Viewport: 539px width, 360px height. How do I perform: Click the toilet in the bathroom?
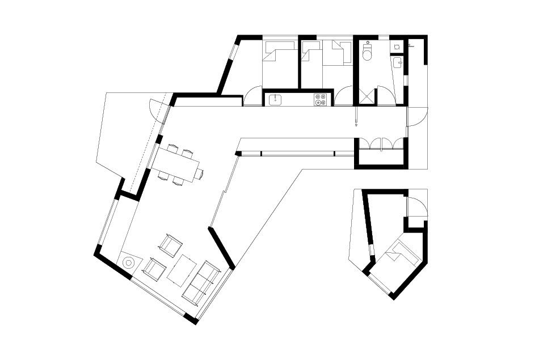[367, 53]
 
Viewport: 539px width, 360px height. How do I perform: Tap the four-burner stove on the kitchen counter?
[320, 100]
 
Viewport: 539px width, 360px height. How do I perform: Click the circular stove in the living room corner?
[129, 263]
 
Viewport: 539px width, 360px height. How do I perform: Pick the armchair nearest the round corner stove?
[154, 267]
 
